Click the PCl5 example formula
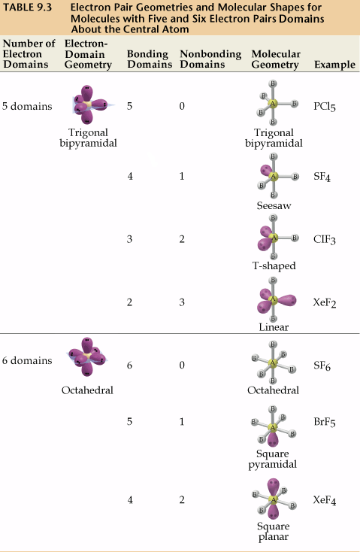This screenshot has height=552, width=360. coord(325,106)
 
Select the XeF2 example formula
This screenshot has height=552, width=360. coord(325,302)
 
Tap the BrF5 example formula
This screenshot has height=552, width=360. coord(325,422)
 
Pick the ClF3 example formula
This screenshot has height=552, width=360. coord(325,239)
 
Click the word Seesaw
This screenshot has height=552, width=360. coord(274,205)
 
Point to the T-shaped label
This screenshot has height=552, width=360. coord(274,265)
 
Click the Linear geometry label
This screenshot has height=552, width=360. coord(274,327)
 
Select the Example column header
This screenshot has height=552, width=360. coord(334,65)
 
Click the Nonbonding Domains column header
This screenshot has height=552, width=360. coord(210,59)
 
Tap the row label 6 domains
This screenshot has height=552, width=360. coord(27,360)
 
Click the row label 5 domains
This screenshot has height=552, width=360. coord(27,106)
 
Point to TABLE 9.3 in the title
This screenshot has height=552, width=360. coord(27,8)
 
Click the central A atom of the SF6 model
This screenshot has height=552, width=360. coord(272,362)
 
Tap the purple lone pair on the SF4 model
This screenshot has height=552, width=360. coord(266,171)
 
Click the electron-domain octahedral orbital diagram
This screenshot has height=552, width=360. coord(87,356)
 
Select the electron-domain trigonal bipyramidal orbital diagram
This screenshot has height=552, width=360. coord(89,105)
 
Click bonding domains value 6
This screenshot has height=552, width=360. coord(129,365)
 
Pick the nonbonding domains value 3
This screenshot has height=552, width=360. coord(182,302)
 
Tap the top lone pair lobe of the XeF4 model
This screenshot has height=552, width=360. coord(273,487)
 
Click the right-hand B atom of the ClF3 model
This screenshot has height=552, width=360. coord(295,238)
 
